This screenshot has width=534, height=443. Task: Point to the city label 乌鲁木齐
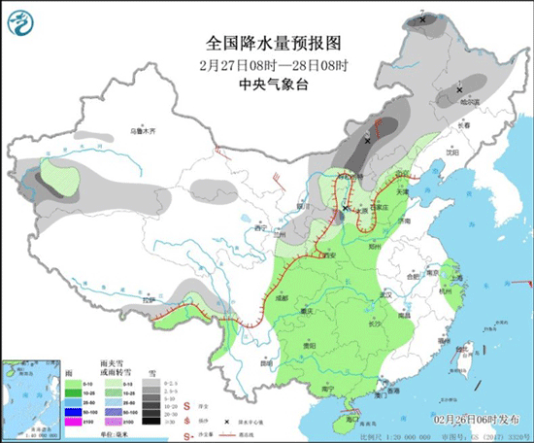pos(144,130)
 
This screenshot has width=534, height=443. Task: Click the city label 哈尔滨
pos(469,100)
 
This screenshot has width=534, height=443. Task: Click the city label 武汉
pos(384,293)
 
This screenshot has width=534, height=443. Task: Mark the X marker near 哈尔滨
pos(459,90)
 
